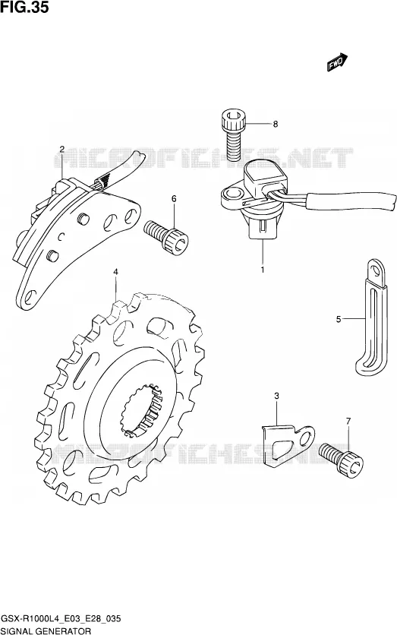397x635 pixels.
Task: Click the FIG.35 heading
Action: coord(25,7)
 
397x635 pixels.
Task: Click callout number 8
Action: coord(276,124)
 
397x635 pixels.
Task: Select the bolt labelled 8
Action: coord(234,134)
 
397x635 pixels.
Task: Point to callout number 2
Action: coord(62,149)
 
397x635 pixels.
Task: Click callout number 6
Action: coord(174,198)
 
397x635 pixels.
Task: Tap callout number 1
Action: coord(262,270)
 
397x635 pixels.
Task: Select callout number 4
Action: coord(115,272)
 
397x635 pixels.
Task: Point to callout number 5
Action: coord(339,319)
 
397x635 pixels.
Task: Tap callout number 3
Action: coord(276,396)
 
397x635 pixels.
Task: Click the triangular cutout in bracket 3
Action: coord(282,450)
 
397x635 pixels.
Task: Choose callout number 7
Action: coord(348,421)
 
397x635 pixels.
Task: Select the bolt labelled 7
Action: coord(341,460)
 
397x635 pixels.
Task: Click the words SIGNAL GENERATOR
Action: coord(46,631)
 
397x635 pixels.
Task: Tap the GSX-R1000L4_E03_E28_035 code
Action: coord(61,620)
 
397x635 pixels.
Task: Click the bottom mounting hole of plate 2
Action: coord(28,297)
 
